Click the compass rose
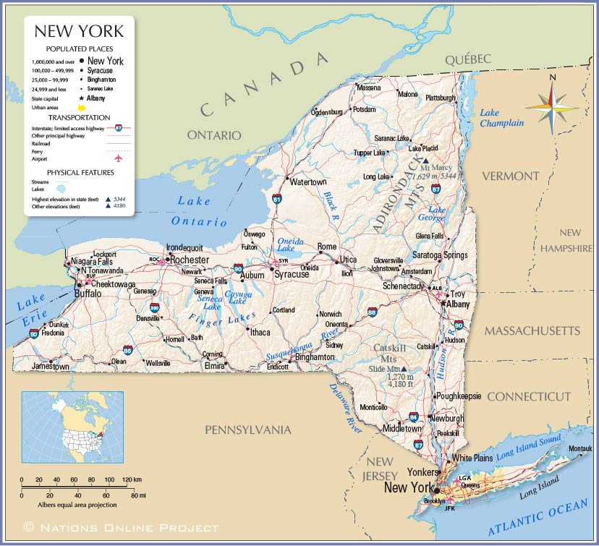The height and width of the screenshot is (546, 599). tap(552, 107)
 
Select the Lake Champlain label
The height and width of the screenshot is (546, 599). tap(501, 118)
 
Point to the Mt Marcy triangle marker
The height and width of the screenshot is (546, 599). tap(425, 162)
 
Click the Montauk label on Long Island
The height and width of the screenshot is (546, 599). tap(579, 448)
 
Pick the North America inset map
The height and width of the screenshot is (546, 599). tap(63, 427)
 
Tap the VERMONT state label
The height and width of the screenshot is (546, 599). tap(511, 176)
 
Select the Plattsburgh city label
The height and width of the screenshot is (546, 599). tap(441, 98)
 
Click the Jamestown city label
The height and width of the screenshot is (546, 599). tap(51, 367)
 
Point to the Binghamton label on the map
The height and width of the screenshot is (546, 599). tap(315, 357)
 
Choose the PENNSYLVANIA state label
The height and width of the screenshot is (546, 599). tap(247, 430)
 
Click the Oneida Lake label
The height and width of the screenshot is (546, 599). tap(291, 245)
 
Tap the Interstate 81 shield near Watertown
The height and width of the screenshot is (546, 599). tap(277, 197)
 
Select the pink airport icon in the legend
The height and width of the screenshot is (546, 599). tap(118, 158)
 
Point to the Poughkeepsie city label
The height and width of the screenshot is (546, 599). tap(459, 396)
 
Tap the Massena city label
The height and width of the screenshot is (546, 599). tap(368, 88)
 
